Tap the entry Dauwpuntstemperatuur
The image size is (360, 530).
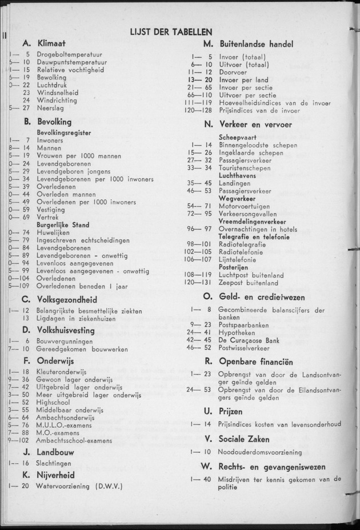[x=71, y=62]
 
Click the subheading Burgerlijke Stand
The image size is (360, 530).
[x=62, y=224]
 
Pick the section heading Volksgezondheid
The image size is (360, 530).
[x=67, y=299]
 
